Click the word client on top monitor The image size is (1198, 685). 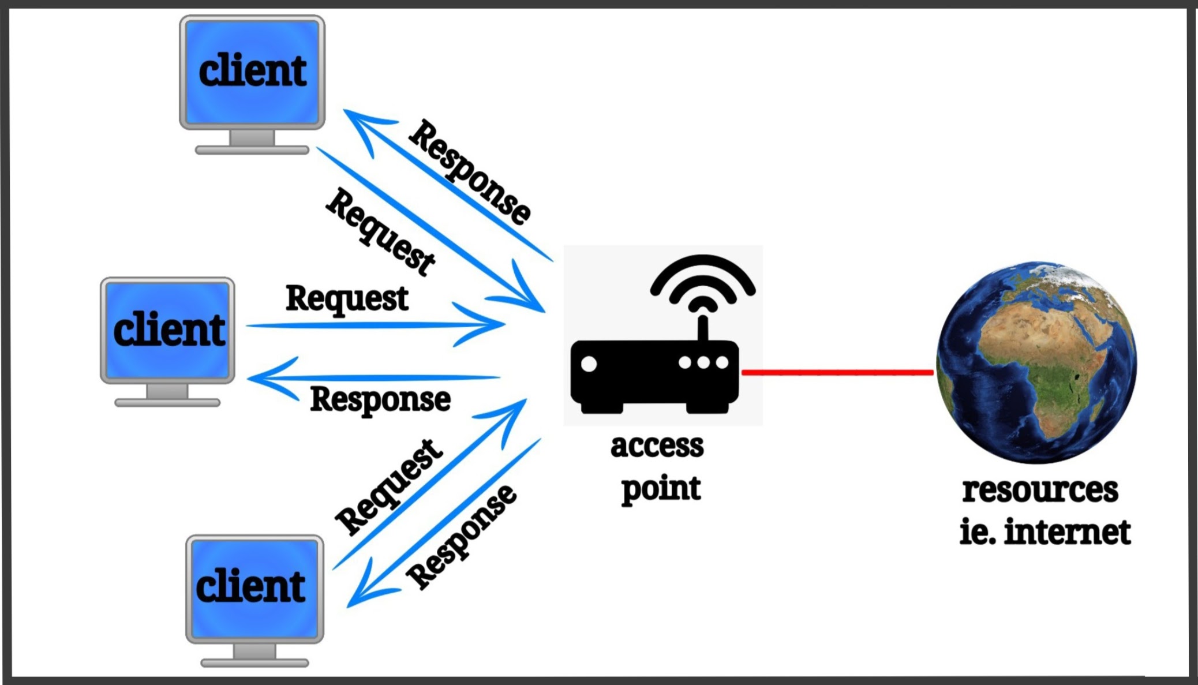[252, 71]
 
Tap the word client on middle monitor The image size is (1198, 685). [169, 330]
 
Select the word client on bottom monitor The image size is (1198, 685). [250, 586]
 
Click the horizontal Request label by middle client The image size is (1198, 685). [347, 299]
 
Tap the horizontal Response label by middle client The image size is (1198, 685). [380, 399]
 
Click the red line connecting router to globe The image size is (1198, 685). [837, 372]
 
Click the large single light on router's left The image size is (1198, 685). [589, 364]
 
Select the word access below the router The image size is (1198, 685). [657, 446]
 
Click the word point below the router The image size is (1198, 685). [661, 489]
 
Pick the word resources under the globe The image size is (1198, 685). [1040, 490]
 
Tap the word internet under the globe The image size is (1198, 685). [1067, 532]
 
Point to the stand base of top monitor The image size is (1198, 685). [252, 150]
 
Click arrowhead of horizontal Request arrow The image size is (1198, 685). [491, 324]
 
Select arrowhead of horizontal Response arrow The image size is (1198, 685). [263, 379]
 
